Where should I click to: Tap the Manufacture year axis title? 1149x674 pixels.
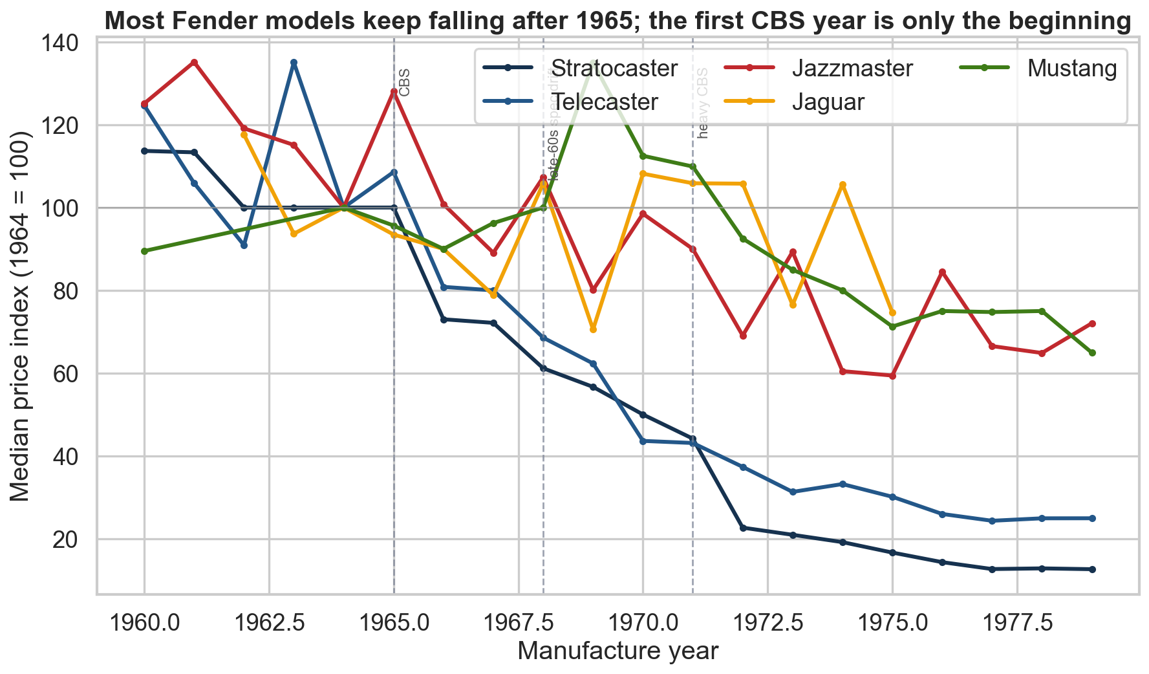(x=617, y=651)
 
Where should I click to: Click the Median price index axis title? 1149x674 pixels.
(x=21, y=316)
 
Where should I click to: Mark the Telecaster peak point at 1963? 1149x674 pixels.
(x=294, y=63)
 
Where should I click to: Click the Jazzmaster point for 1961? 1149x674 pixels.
(x=194, y=62)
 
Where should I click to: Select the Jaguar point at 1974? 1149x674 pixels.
(x=843, y=185)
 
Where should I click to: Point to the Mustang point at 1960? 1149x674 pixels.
(x=144, y=251)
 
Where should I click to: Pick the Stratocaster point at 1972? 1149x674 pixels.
(x=743, y=528)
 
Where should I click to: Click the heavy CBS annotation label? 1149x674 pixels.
(x=703, y=103)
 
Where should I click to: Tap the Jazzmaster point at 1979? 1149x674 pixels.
(x=1092, y=323)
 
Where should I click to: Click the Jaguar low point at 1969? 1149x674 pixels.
(x=593, y=330)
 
